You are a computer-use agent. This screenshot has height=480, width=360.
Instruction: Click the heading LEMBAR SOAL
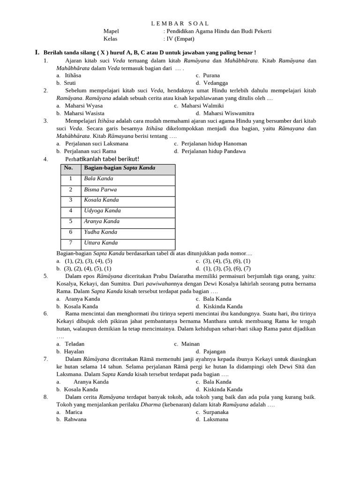coord(180,23)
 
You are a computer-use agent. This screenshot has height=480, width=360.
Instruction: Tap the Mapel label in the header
coord(111,31)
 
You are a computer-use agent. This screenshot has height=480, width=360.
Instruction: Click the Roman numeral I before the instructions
coord(37,52)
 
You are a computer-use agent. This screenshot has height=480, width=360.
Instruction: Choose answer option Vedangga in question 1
coord(216,83)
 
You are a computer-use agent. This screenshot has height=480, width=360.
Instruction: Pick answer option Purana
coord(211,75)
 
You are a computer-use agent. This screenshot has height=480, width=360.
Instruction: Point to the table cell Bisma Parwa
coord(100,190)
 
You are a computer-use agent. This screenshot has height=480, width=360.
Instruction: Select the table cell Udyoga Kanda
coord(102,211)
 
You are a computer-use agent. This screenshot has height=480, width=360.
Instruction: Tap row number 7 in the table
coord(71,243)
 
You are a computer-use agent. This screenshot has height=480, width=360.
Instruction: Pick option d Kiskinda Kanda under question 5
coord(223,307)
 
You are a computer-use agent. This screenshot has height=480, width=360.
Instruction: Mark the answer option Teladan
coord(75,344)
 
